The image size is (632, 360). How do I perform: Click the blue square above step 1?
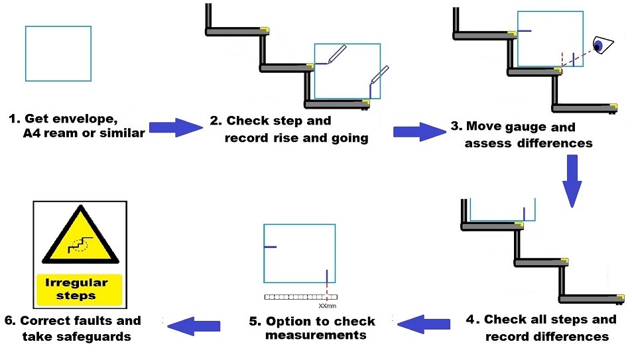[x=58, y=53]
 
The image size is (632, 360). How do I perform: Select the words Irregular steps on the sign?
[x=79, y=289]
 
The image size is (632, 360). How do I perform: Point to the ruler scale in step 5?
[x=300, y=298]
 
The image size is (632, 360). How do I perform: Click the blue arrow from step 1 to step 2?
[x=174, y=128]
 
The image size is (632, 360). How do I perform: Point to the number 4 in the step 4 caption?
[x=470, y=320]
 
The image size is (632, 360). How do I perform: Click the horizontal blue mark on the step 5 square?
[x=270, y=247]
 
